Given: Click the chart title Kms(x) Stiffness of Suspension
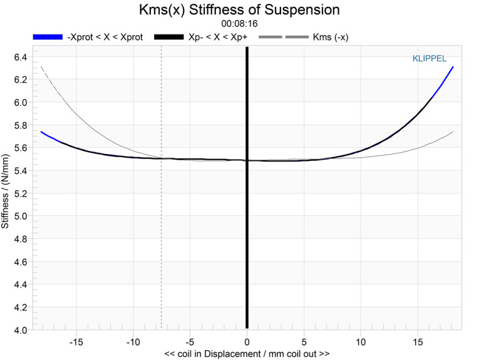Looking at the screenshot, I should [239, 10].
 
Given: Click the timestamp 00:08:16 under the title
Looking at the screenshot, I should [239, 23].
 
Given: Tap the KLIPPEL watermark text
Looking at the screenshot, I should [428, 59].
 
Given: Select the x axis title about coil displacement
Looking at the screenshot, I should [247, 354].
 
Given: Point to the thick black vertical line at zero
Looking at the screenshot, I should [247, 188].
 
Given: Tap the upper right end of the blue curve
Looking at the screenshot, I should [453, 67].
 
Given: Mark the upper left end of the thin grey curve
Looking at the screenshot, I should [41, 67].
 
